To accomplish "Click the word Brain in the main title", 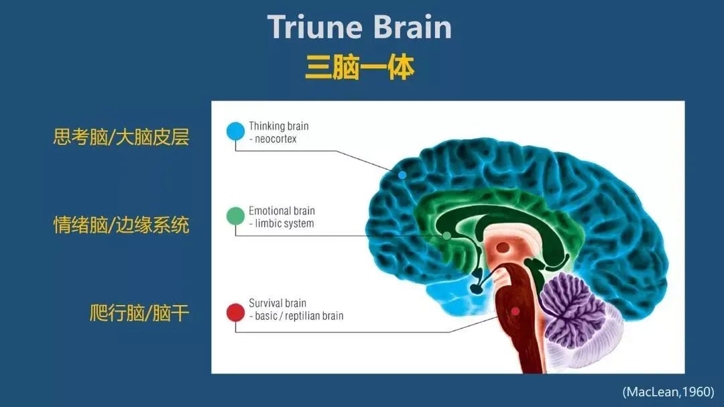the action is tap(412, 27).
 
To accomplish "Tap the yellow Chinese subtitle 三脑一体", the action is tap(360, 68).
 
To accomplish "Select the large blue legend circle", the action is tap(235, 131).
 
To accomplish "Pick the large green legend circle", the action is tap(235, 216).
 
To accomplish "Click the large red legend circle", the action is tap(235, 312).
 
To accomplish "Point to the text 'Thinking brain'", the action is tap(278, 126).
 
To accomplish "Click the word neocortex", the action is tap(276, 139).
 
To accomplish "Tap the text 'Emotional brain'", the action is tap(282, 211).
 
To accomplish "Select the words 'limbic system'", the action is tap(284, 223).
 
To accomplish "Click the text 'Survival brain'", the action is tap(278, 303).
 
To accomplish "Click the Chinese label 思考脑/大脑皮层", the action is tap(121, 137).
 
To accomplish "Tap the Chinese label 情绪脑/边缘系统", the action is tap(121, 225).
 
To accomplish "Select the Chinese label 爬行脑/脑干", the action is tap(139, 312).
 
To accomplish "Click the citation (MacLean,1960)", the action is tap(668, 392).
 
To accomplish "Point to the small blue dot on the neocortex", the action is tap(402, 175).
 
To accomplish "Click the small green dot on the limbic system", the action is tap(446, 236).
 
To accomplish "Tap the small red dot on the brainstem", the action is tap(516, 312).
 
